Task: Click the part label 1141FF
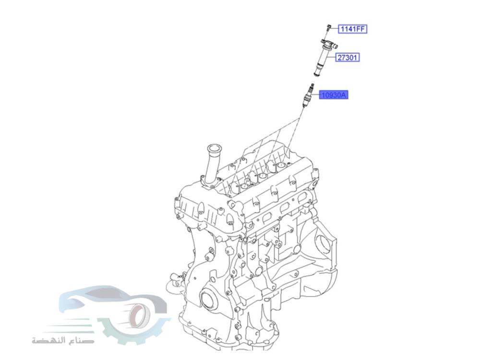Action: (353, 29)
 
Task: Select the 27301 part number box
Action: (347, 58)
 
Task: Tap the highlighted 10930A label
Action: (334, 95)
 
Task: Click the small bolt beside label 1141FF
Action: (326, 28)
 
